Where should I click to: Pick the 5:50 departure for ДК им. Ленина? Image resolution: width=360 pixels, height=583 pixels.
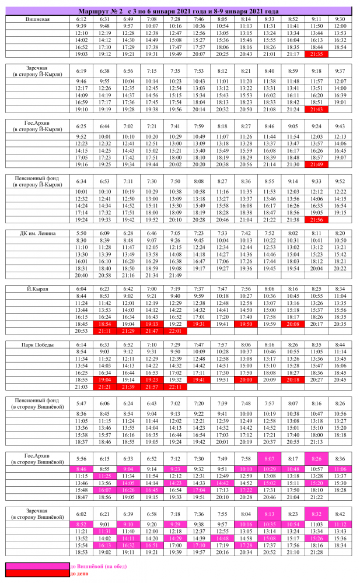(x=81, y=233)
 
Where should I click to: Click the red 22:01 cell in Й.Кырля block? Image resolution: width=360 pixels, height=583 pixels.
(x=175, y=331)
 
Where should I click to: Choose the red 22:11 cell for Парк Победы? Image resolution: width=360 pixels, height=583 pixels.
(x=175, y=387)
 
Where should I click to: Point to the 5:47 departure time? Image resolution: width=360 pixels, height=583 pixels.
(x=81, y=403)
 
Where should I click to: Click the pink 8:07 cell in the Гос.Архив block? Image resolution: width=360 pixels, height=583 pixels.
(x=270, y=459)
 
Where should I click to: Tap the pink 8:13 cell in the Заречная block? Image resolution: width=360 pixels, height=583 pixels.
(x=270, y=514)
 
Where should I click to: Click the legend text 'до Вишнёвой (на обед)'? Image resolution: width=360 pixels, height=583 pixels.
(x=99, y=566)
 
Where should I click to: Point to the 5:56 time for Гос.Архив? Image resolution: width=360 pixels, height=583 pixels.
(x=81, y=459)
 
